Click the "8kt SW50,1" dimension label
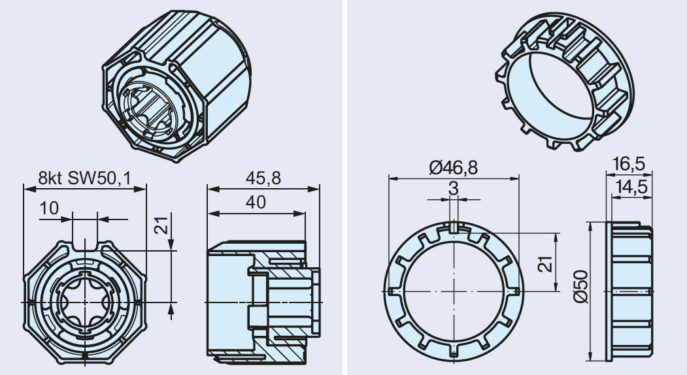(x=84, y=178)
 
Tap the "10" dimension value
(x=48, y=208)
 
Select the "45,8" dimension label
(x=263, y=178)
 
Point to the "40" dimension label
(x=256, y=203)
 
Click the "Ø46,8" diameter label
(x=453, y=167)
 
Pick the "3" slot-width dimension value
(x=454, y=188)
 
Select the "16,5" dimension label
(x=629, y=164)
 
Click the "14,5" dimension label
(x=631, y=187)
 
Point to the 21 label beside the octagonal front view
(x=161, y=225)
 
